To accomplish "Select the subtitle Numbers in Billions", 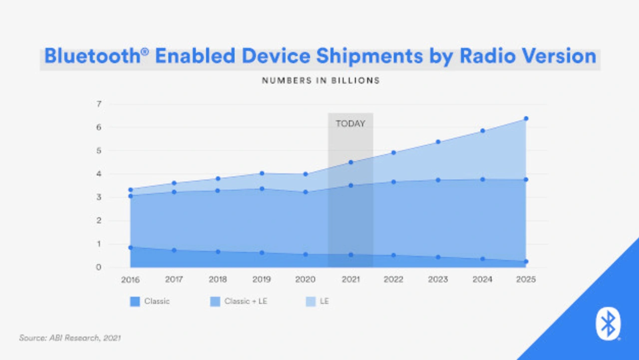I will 321,80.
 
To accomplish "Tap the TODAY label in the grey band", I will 350,124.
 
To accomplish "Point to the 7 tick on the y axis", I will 99,104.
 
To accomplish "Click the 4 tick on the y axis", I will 99,174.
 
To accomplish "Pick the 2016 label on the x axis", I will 130,280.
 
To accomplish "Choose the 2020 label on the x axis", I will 306,280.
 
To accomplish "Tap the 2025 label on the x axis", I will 526,280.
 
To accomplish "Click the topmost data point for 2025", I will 526,119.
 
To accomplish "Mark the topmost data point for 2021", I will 350,162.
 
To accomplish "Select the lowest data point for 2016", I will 130,248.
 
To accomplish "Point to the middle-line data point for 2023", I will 438,180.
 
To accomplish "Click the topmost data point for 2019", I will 262,173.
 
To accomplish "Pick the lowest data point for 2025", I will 526,262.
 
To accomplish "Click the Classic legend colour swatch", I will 135,302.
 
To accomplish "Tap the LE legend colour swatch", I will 311,302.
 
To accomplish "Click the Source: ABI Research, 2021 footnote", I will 70,338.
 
